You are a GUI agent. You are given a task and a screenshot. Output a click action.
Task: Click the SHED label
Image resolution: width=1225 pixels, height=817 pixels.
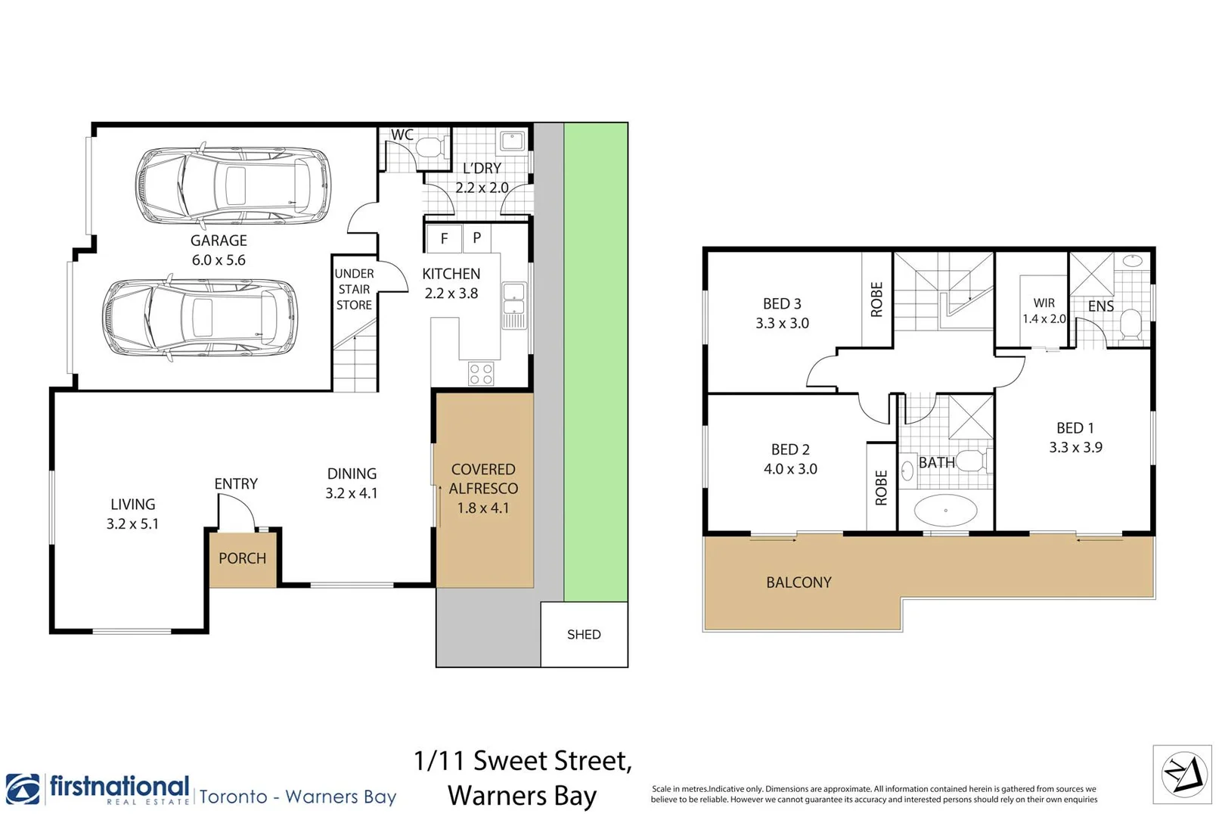coord(584,634)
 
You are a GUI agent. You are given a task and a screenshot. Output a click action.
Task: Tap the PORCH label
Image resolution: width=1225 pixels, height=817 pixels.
coord(242,558)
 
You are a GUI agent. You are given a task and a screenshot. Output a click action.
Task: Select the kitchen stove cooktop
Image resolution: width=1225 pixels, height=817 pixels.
coord(481,373)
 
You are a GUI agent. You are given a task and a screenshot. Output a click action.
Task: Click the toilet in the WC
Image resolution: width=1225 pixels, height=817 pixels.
coord(432,148)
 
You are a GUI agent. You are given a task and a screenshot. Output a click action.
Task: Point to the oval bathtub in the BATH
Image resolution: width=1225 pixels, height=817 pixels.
coord(945,510)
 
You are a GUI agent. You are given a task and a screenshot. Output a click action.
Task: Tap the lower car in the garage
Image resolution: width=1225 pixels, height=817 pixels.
coord(200,318)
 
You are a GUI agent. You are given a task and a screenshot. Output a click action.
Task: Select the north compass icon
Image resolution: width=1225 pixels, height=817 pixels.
coord(1183,775)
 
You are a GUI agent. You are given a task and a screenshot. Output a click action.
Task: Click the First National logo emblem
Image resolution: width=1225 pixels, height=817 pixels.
coord(23,789)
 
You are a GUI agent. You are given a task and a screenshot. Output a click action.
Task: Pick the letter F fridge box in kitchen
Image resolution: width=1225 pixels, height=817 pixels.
coord(444,238)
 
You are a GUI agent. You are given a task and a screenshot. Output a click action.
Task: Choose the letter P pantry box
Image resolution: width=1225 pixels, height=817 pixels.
coord(477,238)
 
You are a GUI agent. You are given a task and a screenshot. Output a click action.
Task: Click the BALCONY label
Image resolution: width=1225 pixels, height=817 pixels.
coord(799,582)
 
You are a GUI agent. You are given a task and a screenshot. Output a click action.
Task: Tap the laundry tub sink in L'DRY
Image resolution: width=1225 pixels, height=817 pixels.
coord(513,141)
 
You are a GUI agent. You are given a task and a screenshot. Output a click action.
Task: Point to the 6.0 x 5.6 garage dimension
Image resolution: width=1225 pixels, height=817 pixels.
coord(219,260)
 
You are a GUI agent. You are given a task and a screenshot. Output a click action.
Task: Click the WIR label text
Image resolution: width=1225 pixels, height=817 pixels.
coord(1044,303)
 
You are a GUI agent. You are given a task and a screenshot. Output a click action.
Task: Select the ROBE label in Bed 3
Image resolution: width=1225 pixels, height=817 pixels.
coord(876,300)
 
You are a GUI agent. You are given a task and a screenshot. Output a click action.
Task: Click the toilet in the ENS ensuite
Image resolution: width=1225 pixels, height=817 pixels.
coord(1131,325)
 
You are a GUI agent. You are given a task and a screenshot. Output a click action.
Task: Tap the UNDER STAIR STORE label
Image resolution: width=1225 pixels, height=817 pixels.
coord(355,289)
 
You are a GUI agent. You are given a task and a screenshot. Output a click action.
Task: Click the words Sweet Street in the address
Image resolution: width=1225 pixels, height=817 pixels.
coord(552,760)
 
